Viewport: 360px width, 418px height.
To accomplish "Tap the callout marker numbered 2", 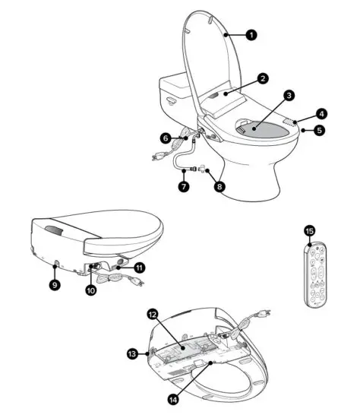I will (261, 78).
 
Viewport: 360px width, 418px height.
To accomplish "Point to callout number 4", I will (321, 114).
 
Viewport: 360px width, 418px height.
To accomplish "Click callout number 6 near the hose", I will (166, 138).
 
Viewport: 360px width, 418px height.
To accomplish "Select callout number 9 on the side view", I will (55, 285).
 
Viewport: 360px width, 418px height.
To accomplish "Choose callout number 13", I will (132, 353).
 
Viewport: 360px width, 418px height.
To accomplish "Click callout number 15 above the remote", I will (308, 230).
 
